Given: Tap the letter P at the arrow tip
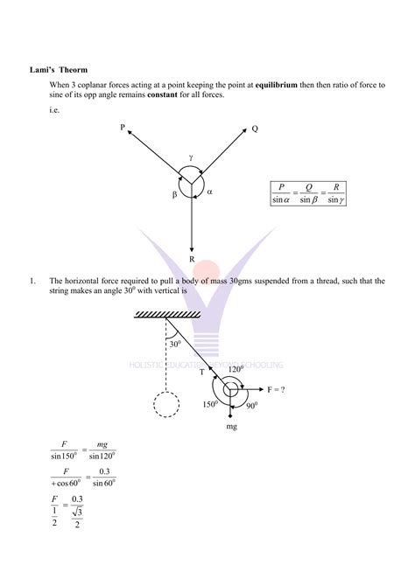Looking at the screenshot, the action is coord(124,128).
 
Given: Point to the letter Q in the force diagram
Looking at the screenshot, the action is coord(255,129).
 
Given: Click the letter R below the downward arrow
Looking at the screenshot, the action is coord(191,258).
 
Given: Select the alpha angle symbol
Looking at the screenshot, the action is coord(209,191).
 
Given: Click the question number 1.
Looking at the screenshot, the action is coord(31,281).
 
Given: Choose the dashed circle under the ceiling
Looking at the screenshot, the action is coord(167,408).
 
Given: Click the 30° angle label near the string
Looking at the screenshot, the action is coord(175,345).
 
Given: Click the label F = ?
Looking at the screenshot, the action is coord(276,389).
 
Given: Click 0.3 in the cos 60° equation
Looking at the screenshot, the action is coord(106,474).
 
